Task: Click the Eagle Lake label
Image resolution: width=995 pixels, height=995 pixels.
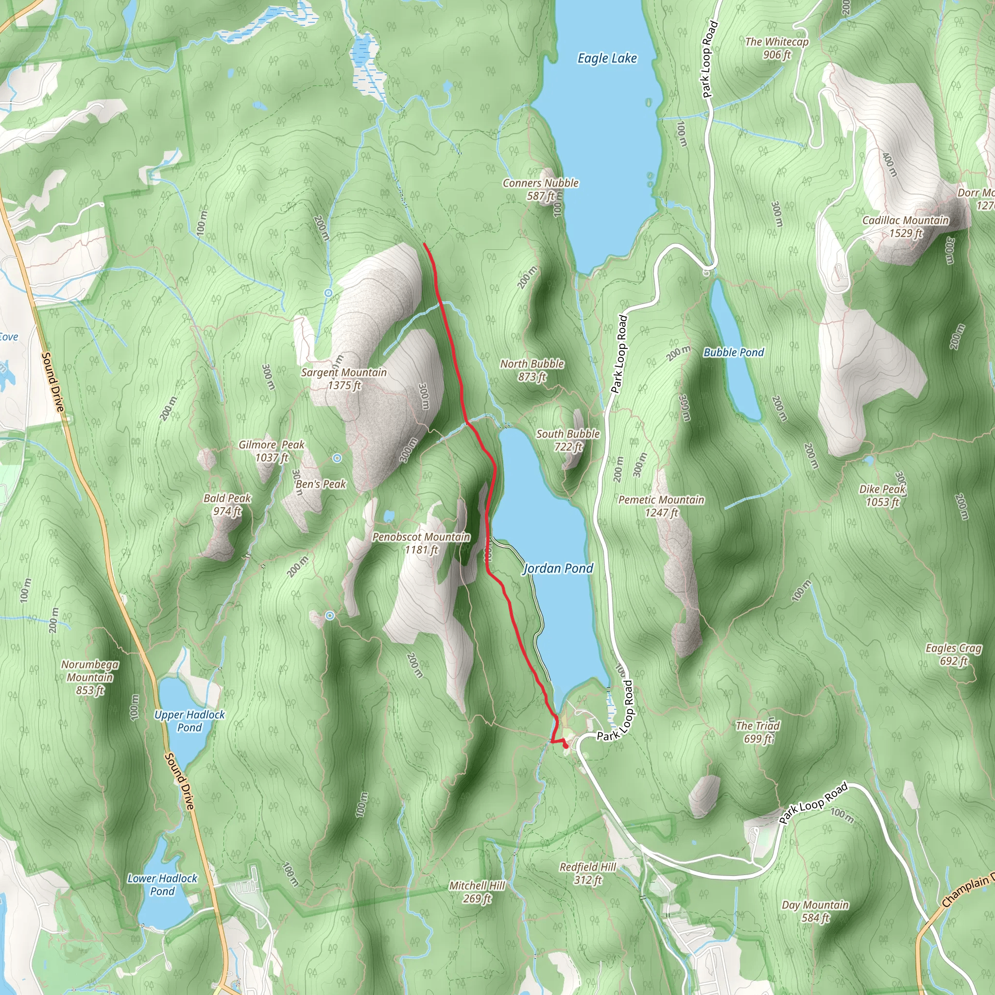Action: click(x=607, y=58)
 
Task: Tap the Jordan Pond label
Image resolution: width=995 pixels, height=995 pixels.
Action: click(x=558, y=568)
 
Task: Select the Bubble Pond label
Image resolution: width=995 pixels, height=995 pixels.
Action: click(x=733, y=352)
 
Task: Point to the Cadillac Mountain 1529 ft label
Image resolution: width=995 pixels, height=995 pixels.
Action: click(x=906, y=226)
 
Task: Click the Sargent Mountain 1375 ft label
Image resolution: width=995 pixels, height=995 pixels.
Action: click(x=343, y=378)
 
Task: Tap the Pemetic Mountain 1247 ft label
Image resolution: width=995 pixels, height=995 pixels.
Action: click(x=661, y=506)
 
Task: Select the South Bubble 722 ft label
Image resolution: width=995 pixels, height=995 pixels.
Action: click(x=568, y=440)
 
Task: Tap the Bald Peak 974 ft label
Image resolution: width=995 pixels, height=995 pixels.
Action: click(x=227, y=504)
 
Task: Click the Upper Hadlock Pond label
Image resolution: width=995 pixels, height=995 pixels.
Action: click(x=189, y=721)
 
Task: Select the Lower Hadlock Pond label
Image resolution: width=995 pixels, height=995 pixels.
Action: click(x=162, y=884)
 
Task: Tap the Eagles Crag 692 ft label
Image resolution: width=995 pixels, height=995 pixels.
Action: click(x=953, y=654)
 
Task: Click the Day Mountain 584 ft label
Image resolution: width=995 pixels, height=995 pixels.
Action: click(x=815, y=911)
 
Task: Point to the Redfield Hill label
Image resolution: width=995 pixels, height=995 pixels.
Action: click(x=588, y=873)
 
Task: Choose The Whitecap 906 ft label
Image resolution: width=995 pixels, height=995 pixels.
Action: click(x=777, y=48)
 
